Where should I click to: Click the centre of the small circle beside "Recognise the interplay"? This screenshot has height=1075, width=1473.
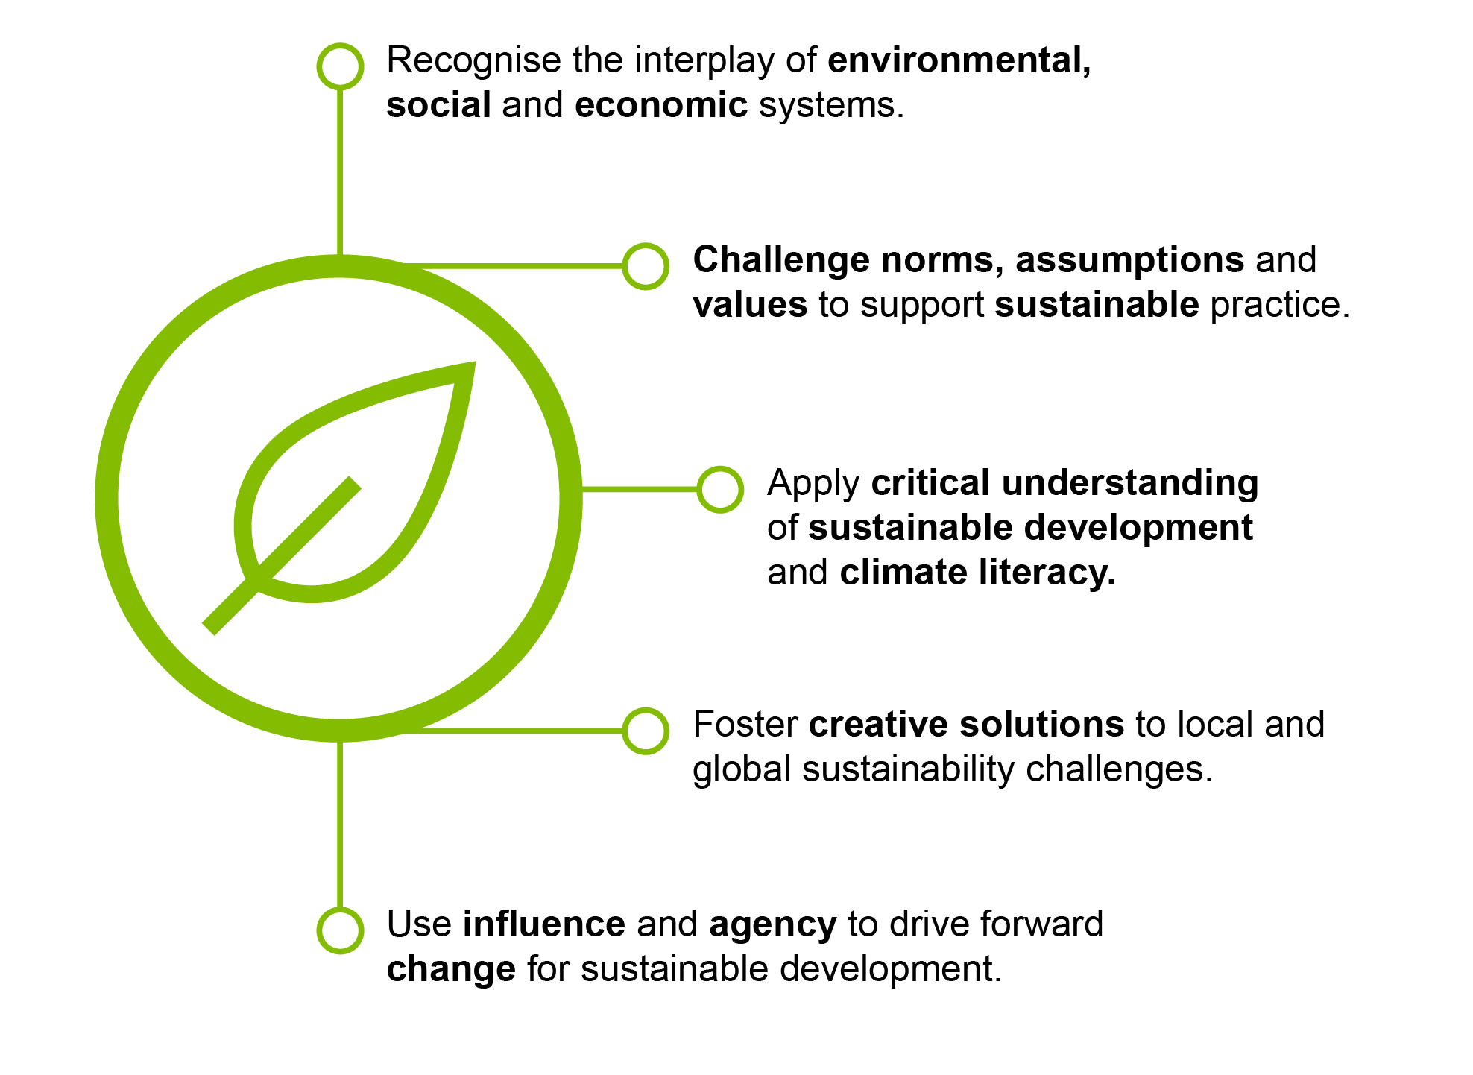click(340, 66)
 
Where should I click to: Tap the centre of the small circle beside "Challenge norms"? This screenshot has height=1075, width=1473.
click(646, 265)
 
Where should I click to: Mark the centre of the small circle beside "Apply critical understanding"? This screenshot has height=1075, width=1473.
click(720, 489)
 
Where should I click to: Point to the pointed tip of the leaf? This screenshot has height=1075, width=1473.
click(475, 363)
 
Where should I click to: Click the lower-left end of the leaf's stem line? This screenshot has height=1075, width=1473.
click(209, 628)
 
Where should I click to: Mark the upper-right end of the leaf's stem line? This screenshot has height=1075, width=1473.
click(356, 482)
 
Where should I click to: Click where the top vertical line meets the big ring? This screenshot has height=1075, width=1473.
click(340, 255)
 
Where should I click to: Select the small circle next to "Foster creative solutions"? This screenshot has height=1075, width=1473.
click(646, 731)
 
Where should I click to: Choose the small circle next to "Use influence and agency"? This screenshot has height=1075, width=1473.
click(340, 930)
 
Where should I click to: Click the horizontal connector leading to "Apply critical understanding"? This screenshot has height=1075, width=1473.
click(640, 489)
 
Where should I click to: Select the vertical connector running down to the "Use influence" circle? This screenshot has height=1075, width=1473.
click(340, 825)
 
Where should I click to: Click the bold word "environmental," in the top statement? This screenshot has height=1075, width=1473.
click(959, 61)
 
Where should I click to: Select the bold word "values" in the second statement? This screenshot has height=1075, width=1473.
click(750, 305)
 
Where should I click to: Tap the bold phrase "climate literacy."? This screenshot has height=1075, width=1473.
click(977, 573)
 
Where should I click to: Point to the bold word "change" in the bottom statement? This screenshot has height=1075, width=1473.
click(451, 970)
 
